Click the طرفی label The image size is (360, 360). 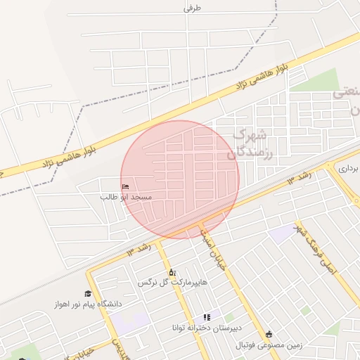pyautogui.click(x=193, y=8)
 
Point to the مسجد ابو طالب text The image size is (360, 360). pyautogui.click(x=125, y=198)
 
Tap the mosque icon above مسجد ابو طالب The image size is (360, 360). pyautogui.click(x=125, y=186)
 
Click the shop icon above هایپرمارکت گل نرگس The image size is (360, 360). pyautogui.click(x=171, y=272)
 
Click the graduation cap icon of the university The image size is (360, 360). pyautogui.click(x=88, y=294)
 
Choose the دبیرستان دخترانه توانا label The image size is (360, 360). pyautogui.click(x=207, y=328)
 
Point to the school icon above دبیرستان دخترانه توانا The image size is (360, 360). pyautogui.click(x=207, y=318)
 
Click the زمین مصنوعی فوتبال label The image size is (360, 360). pyautogui.click(x=269, y=345)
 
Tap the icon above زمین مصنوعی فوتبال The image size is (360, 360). pyautogui.click(x=269, y=334)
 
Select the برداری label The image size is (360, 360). pyautogui.click(x=347, y=169)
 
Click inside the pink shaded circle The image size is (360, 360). pyautogui.click(x=180, y=179)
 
